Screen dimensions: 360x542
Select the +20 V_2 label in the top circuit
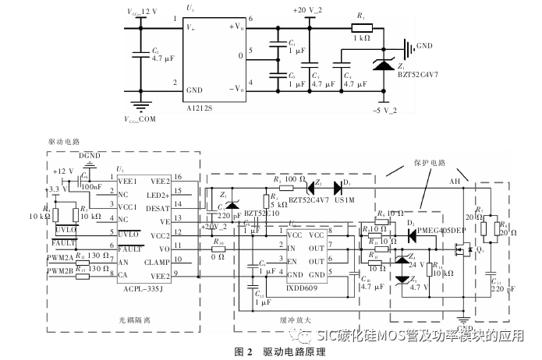[x=308, y=10]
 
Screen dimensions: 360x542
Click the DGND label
[x=90, y=156]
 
